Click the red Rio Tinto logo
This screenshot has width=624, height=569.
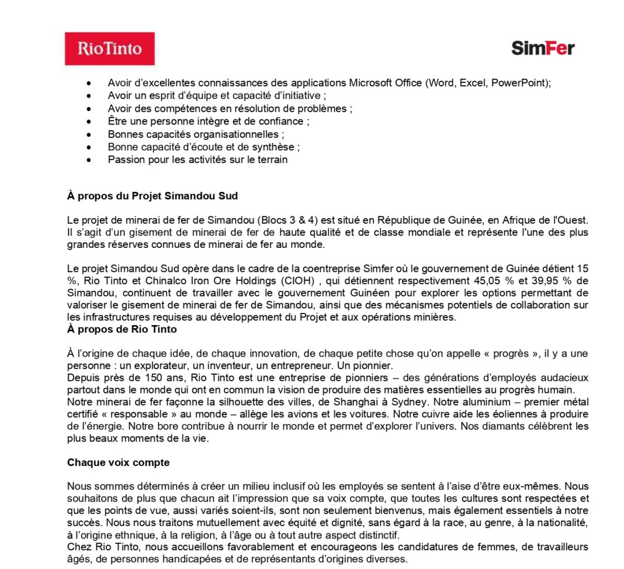pyautogui.click(x=109, y=49)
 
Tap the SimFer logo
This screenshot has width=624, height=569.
pyautogui.click(x=542, y=48)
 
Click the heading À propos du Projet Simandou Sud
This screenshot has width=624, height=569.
pyautogui.click(x=152, y=196)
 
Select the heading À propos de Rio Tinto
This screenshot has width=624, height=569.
pyautogui.click(x=122, y=329)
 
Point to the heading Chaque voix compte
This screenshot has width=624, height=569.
pyautogui.click(x=118, y=463)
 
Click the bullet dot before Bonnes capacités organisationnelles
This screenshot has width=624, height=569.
pyautogui.click(x=88, y=134)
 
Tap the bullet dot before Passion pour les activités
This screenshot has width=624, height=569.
pyautogui.click(x=88, y=160)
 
